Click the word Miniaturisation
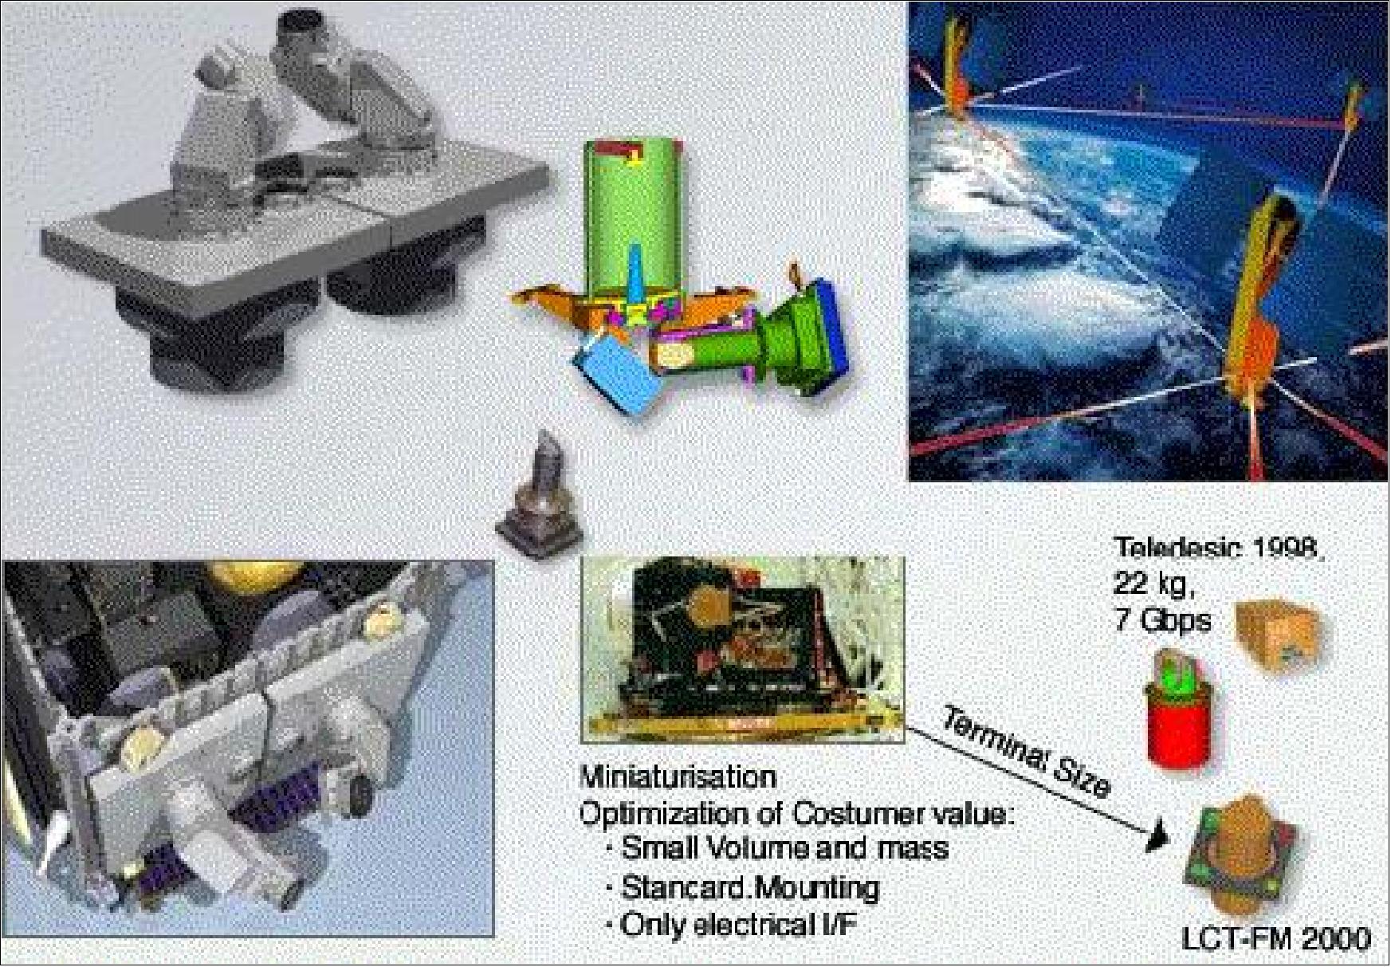[678, 776]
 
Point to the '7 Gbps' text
[1161, 619]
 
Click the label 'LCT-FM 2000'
[1275, 938]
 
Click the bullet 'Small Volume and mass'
[784, 847]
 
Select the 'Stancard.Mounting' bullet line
[749, 886]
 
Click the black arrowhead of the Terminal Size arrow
[1157, 839]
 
